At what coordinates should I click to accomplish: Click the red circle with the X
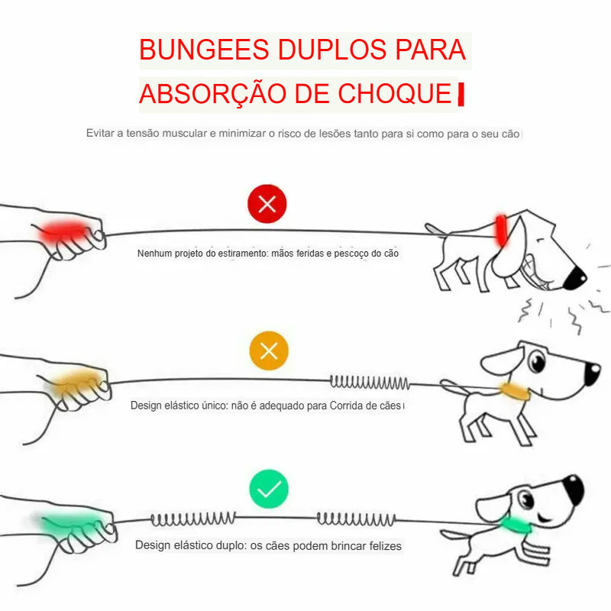tap(267, 204)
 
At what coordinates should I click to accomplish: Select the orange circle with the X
tap(269, 352)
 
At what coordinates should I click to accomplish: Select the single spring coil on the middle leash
tap(369, 381)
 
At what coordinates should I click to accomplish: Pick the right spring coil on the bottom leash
tap(356, 520)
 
